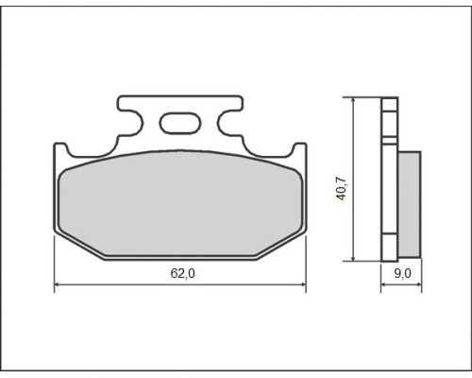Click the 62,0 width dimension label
point(182,273)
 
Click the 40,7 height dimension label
point(341,189)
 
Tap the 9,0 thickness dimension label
point(402,273)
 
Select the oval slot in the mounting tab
point(180,123)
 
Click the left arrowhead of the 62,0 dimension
point(57,284)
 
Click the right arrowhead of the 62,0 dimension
point(304,284)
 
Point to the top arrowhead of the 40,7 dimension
point(354,100)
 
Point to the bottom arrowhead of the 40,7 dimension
point(354,258)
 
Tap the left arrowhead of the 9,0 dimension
point(383,284)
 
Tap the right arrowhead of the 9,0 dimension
point(419,284)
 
